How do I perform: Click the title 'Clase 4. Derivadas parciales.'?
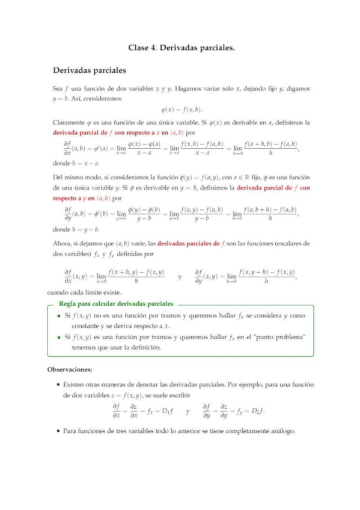click(x=181, y=46)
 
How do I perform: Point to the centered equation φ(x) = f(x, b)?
click(x=182, y=109)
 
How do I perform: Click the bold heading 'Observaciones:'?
click(x=76, y=369)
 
